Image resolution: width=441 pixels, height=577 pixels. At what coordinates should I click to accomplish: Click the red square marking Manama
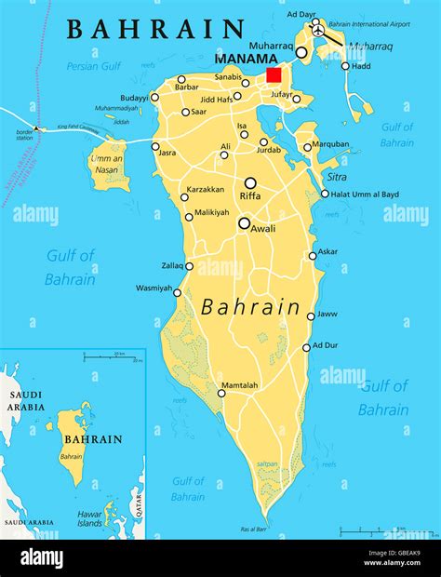(274, 75)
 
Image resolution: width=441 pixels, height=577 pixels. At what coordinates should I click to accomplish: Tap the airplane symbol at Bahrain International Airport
(319, 30)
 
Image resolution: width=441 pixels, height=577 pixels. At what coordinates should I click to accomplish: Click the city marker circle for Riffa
(250, 183)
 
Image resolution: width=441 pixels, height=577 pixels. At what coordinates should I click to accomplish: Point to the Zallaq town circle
(189, 266)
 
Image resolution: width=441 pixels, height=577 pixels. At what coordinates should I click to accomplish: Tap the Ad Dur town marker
(306, 348)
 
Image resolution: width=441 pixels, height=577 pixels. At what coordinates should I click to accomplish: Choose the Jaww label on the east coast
(327, 315)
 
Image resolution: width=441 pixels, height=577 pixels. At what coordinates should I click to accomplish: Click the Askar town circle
(313, 256)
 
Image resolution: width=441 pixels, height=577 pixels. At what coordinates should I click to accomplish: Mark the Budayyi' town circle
(154, 97)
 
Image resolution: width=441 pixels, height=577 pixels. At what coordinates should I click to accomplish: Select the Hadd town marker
(345, 66)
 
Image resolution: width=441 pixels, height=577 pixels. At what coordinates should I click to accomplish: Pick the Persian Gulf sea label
(94, 66)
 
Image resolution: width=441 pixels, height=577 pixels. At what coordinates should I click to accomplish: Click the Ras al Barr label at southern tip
(253, 529)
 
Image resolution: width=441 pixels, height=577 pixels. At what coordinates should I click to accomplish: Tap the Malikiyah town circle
(189, 217)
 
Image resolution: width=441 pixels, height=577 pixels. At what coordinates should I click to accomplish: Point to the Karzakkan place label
(205, 189)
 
